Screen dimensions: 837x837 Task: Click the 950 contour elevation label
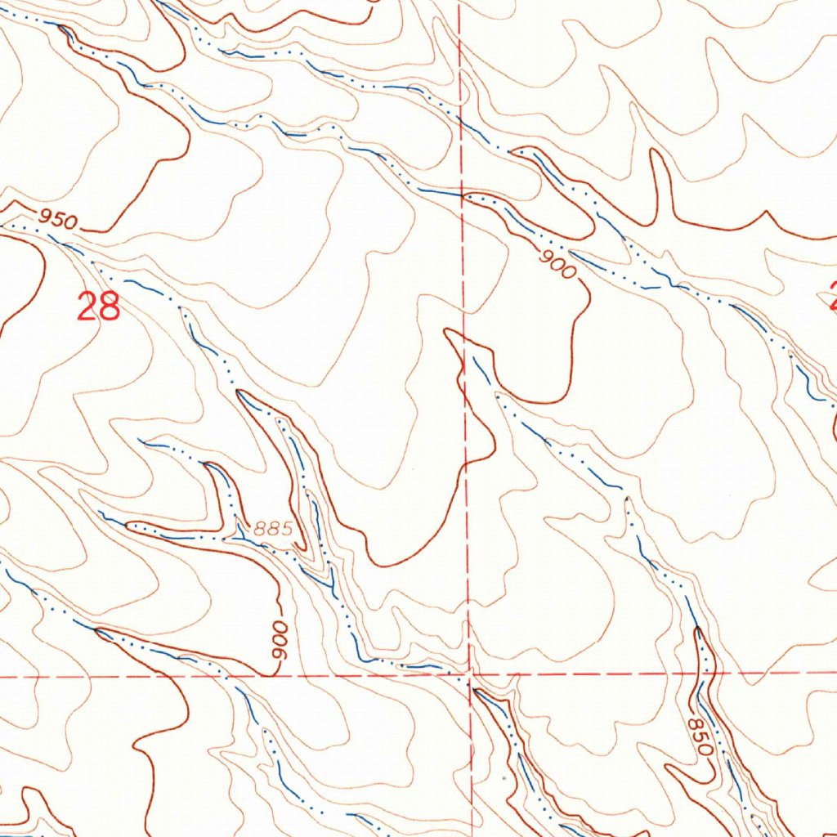point(57,219)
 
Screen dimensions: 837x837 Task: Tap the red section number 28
point(99,308)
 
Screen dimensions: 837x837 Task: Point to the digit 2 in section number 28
point(87,308)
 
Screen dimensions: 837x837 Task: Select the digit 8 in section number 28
point(110,308)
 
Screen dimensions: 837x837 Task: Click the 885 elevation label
point(273,529)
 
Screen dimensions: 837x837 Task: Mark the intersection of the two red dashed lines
point(471,675)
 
